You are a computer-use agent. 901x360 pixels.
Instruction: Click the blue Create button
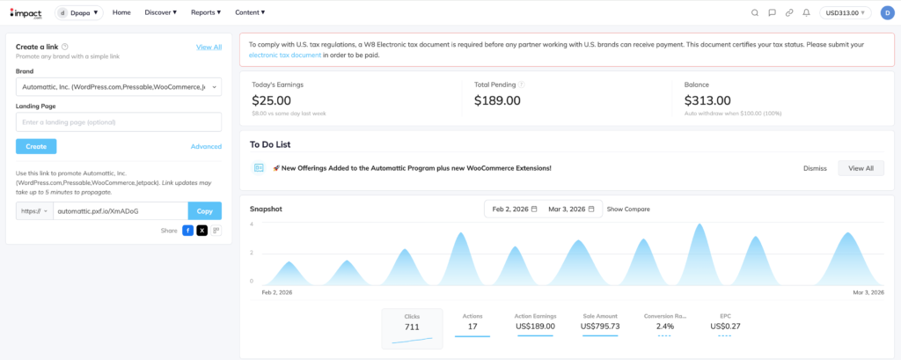click(36, 146)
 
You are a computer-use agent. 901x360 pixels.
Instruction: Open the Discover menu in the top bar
click(160, 12)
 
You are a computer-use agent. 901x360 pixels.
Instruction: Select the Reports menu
click(209, 12)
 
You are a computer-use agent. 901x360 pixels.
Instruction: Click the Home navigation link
click(121, 12)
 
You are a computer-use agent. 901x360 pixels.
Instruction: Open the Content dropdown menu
click(250, 12)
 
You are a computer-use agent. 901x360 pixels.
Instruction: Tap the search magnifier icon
click(755, 12)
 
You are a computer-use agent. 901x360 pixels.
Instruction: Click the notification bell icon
click(806, 12)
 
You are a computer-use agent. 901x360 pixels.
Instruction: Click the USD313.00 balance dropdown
click(846, 12)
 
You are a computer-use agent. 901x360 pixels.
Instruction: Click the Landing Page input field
click(119, 122)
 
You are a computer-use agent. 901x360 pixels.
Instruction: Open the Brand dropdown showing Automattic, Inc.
click(119, 86)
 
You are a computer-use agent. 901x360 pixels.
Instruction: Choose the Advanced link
click(206, 147)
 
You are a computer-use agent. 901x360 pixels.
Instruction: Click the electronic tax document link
click(284, 55)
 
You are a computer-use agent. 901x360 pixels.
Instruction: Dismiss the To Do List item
click(815, 167)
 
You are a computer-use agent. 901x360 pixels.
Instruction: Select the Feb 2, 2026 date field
click(514, 209)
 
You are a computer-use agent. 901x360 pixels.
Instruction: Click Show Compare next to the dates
click(628, 209)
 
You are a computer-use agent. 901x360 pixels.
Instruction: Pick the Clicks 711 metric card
click(412, 327)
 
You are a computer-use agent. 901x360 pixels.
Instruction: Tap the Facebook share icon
click(187, 230)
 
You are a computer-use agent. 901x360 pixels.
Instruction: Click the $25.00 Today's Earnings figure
click(272, 100)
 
